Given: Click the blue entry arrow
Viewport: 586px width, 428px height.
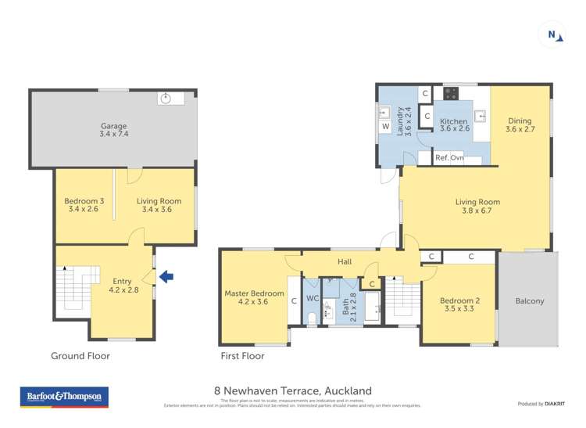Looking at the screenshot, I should [x=166, y=275].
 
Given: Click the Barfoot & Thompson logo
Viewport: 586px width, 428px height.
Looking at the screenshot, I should [x=64, y=397].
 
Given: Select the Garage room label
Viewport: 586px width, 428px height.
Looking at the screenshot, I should [x=113, y=131].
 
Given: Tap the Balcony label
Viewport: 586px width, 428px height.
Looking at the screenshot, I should [x=530, y=300].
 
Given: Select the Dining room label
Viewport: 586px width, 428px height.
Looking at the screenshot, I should [x=520, y=125].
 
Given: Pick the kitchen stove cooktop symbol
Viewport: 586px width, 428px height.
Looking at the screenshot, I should [x=451, y=94].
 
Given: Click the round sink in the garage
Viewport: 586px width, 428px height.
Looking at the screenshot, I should [x=165, y=98].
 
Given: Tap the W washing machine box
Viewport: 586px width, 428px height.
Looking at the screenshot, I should [x=385, y=126].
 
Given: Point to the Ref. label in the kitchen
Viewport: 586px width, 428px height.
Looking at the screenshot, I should [x=441, y=158].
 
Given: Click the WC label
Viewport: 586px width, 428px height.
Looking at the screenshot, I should [x=312, y=298].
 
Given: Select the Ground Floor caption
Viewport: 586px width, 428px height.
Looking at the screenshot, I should [x=80, y=356].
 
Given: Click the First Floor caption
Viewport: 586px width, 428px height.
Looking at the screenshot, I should [x=242, y=356].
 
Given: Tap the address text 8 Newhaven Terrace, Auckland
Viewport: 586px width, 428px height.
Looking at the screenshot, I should [x=293, y=390].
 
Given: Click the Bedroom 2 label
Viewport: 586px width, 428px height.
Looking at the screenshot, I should [x=458, y=304].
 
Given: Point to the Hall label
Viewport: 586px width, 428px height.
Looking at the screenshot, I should [x=345, y=262].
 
